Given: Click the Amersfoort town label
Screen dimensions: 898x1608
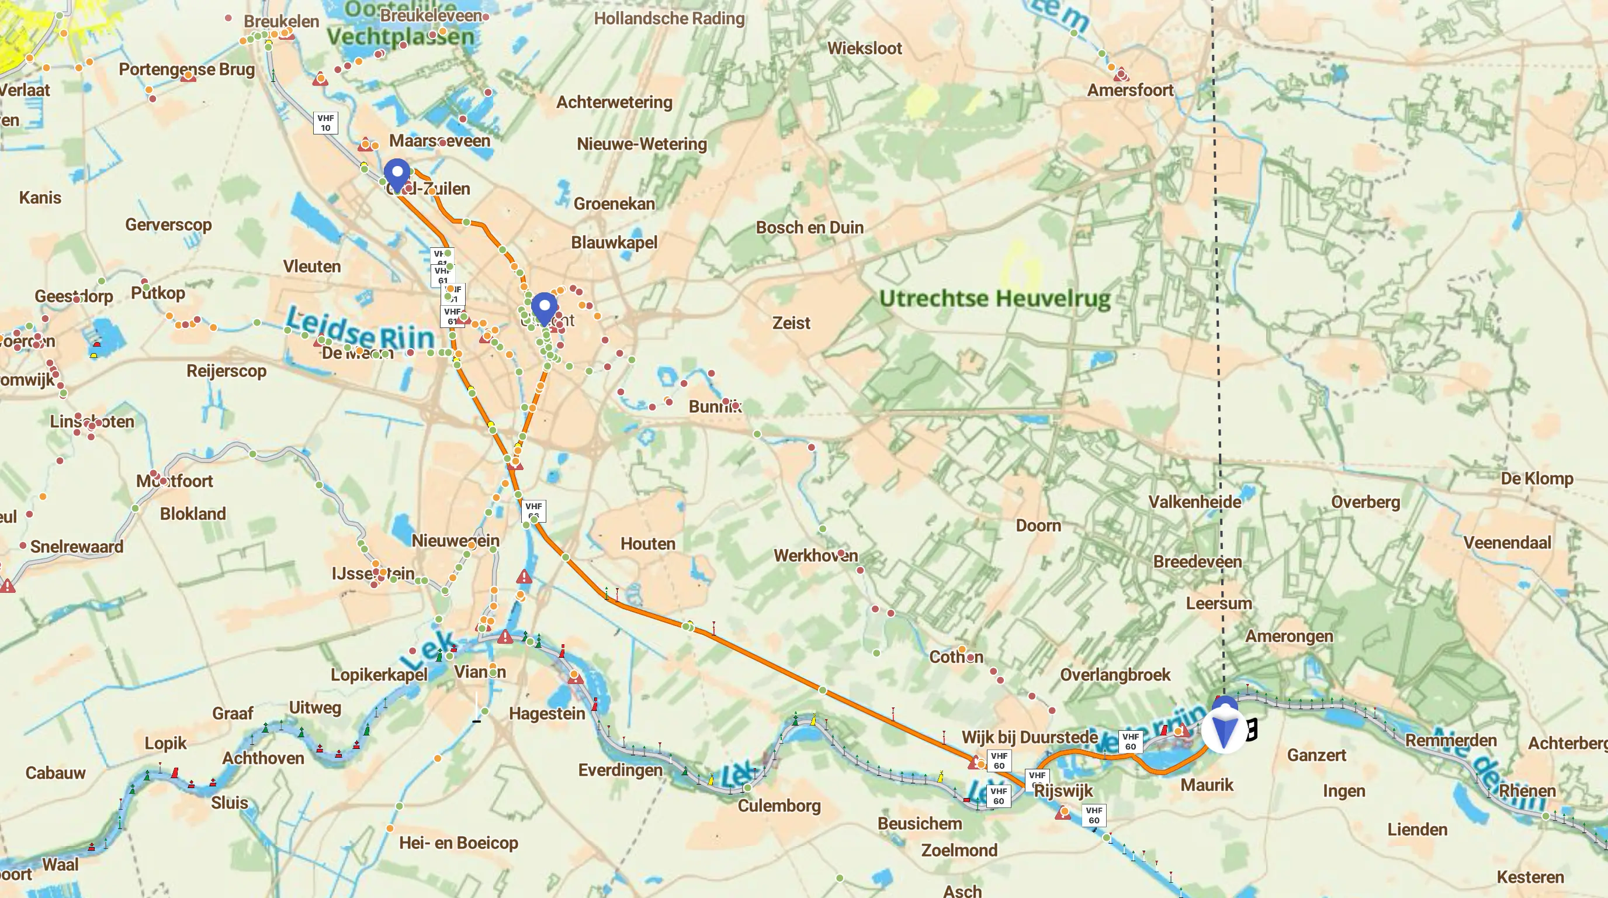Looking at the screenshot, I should (x=1130, y=90).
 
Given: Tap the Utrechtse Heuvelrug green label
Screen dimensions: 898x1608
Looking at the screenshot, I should (x=994, y=298).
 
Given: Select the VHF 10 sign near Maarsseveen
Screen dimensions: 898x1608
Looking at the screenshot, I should (x=325, y=122).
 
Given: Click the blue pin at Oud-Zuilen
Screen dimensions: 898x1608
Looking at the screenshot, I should (x=397, y=173).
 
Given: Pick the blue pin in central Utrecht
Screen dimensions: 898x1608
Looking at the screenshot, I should (x=545, y=308).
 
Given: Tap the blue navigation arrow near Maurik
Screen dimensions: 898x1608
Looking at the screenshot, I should (x=1224, y=731).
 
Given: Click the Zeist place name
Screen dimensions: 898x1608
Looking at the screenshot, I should (x=791, y=323).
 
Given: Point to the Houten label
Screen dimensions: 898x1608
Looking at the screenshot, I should (x=647, y=543).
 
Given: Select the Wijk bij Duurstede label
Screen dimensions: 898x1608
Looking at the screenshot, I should (x=1030, y=737).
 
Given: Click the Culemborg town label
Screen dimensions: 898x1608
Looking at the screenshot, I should (x=778, y=805).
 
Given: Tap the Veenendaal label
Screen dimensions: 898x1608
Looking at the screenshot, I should (x=1507, y=542).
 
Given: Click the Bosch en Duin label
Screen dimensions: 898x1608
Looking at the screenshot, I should (x=809, y=227).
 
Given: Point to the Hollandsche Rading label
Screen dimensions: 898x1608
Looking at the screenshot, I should (x=668, y=18).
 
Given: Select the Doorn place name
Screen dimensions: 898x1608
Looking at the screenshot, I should (x=1038, y=525).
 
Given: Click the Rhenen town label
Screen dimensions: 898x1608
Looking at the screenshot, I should (x=1527, y=790).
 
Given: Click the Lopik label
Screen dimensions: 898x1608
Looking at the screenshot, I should (x=165, y=742).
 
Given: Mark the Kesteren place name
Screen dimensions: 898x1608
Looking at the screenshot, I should (x=1530, y=876).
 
